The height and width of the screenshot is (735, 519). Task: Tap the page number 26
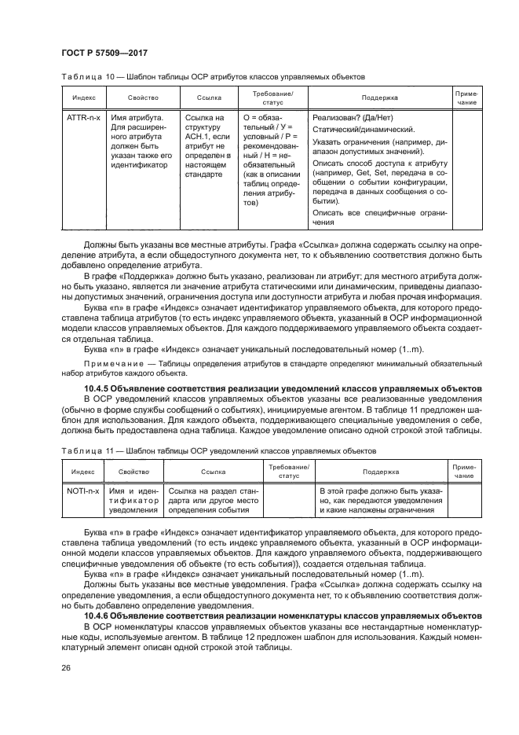click(64, 668)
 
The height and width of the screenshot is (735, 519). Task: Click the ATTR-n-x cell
click(82, 118)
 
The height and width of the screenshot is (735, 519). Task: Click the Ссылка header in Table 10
click(209, 98)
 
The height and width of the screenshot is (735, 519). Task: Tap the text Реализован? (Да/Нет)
click(349, 118)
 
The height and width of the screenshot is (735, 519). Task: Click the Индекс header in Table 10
click(84, 98)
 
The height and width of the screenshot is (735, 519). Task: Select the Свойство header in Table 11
click(133, 472)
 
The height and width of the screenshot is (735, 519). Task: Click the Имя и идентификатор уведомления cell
click(133, 500)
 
